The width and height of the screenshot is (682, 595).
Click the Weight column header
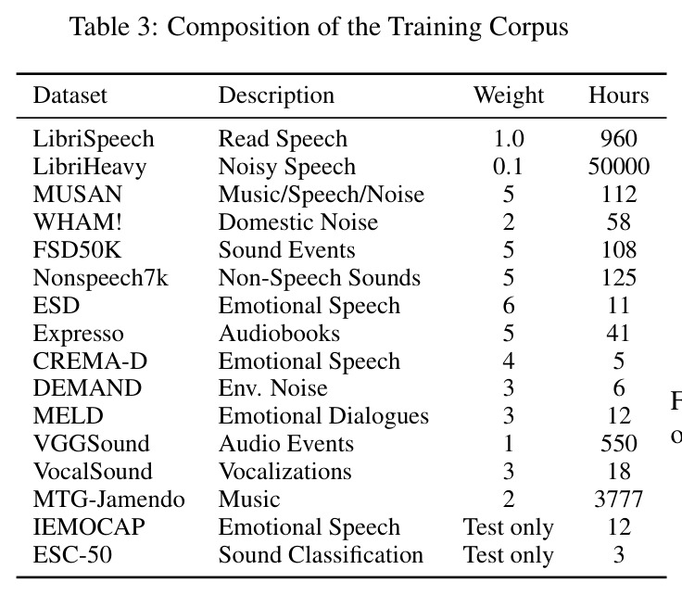pyautogui.click(x=509, y=95)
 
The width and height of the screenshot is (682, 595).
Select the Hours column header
pyautogui.click(x=618, y=95)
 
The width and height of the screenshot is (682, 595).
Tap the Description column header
pyautogui.click(x=276, y=95)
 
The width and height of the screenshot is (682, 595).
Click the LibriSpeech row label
pyautogui.click(x=94, y=139)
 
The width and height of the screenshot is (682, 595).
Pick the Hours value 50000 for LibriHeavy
pyautogui.click(x=619, y=166)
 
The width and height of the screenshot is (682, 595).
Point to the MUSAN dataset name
pyautogui.click(x=78, y=194)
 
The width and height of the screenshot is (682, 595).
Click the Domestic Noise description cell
pyautogui.click(x=298, y=222)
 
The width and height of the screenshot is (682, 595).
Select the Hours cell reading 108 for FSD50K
pyautogui.click(x=619, y=249)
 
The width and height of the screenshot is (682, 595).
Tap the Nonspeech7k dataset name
pyautogui.click(x=100, y=278)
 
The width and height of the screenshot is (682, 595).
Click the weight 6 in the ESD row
pyautogui.click(x=509, y=305)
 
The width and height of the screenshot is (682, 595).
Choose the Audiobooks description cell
pyautogui.click(x=279, y=333)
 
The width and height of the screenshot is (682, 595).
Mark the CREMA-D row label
pyautogui.click(x=90, y=361)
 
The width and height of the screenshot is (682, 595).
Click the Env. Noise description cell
pyautogui.click(x=272, y=388)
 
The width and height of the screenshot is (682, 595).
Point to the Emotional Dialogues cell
pyautogui.click(x=323, y=416)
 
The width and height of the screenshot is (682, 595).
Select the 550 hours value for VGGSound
pyautogui.click(x=619, y=444)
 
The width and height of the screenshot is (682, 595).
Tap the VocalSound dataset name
pyautogui.click(x=93, y=472)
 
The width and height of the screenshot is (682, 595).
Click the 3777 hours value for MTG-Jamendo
pyautogui.click(x=618, y=500)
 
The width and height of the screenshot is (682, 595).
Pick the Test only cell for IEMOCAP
pyautogui.click(x=509, y=527)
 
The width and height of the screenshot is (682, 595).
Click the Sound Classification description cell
pyautogui.click(x=321, y=555)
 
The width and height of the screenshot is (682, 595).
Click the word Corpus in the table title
pyautogui.click(x=528, y=27)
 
